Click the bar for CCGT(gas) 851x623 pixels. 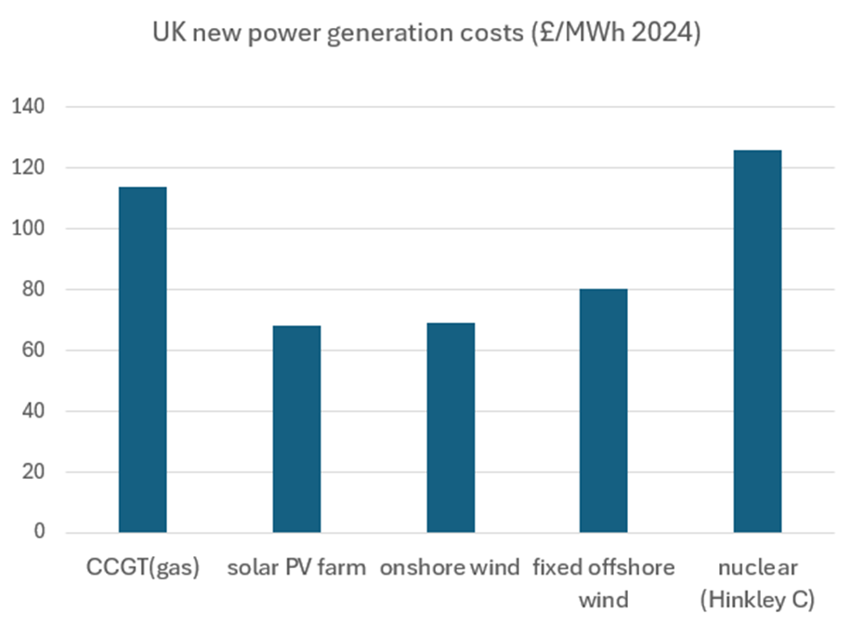coord(142,360)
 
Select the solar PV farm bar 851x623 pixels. coord(296,429)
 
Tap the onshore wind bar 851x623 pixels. coord(451,428)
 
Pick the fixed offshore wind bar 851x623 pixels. coord(604,411)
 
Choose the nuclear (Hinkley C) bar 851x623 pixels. coord(757,341)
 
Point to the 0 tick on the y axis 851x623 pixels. coord(38,533)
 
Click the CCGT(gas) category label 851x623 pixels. coord(142,567)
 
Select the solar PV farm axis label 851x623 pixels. coord(296,567)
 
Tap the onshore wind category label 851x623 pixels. coord(450,567)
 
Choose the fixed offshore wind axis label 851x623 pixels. coord(604,581)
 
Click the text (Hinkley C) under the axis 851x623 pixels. coord(758,600)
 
